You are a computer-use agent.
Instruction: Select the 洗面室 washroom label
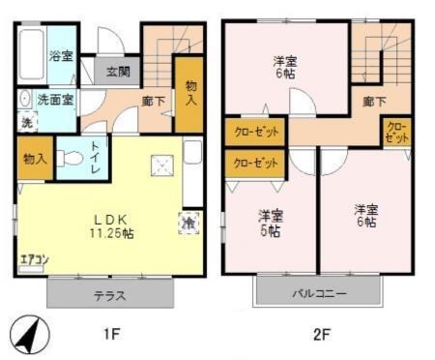pyautogui.click(x=55, y=99)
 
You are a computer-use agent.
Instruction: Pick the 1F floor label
pyautogui.click(x=111, y=335)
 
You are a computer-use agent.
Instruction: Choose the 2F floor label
pyautogui.click(x=321, y=335)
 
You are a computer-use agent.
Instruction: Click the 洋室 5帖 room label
pyautogui.click(x=270, y=222)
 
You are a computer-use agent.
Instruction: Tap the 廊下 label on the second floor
pyautogui.click(x=374, y=100)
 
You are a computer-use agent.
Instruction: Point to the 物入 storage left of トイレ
pyautogui.click(x=35, y=159)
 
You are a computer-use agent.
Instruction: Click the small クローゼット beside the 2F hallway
pyautogui.click(x=395, y=132)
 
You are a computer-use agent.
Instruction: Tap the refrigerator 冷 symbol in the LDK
pyautogui.click(x=186, y=222)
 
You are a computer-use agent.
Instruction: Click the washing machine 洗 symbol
pyautogui.click(x=26, y=122)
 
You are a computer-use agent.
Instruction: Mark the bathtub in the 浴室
pyautogui.click(x=31, y=56)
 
